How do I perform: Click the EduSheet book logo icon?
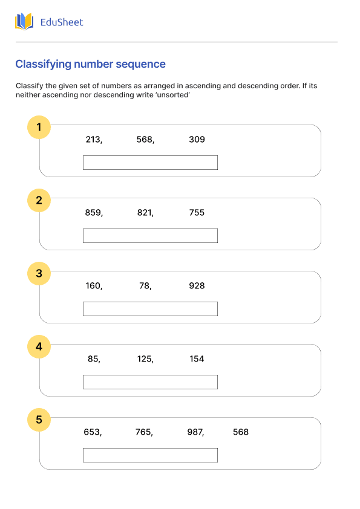24,22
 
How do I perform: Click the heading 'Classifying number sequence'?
90,64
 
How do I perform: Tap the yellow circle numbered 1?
39,127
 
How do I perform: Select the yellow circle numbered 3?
39,273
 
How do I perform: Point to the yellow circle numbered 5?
39,420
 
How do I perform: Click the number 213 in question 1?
93,140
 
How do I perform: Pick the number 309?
197,140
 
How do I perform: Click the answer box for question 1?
150,163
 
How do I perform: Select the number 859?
93,213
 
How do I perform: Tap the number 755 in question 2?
197,213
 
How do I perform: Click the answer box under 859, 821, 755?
150,236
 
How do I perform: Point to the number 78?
145,286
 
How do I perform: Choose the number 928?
197,286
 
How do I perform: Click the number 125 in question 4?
145,359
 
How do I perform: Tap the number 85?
93,359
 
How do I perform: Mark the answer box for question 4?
150,382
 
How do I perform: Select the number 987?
195,432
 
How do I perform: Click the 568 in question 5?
241,432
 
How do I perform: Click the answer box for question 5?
150,455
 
